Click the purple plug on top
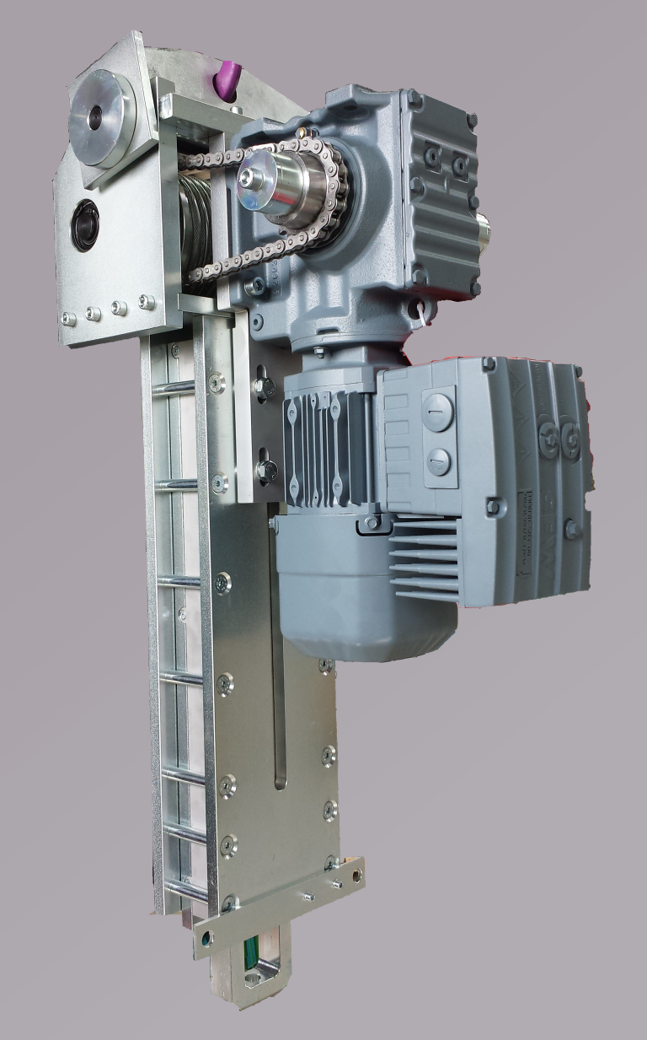[x=227, y=79]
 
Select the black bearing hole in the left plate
[x=85, y=224]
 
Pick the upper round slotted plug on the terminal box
[x=437, y=412]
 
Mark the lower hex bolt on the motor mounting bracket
[x=266, y=470]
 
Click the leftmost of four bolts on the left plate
[x=68, y=318]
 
